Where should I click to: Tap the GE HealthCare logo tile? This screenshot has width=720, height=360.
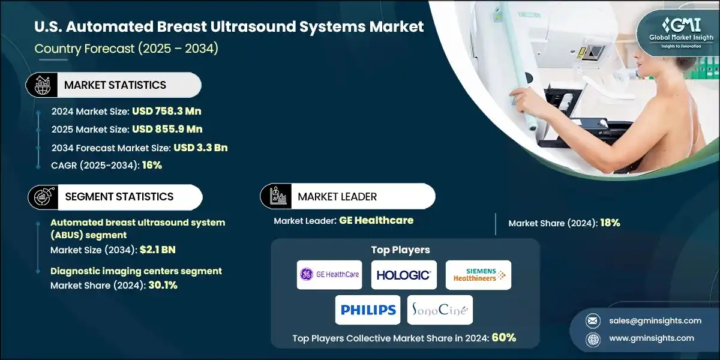tap(329, 275)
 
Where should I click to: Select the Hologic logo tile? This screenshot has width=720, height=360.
tap(403, 275)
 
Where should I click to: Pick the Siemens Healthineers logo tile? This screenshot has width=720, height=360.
tap(479, 275)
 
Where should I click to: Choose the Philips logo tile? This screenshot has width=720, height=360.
tap(368, 310)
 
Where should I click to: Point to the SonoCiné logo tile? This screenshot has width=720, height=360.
tap(440, 310)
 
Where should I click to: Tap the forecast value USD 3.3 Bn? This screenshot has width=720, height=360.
tap(200, 148)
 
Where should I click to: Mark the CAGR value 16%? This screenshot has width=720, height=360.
tap(152, 165)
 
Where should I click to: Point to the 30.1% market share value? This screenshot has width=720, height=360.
tap(162, 286)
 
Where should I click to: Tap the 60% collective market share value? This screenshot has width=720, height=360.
tap(503, 338)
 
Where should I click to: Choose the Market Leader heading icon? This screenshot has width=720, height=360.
tap(275, 196)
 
